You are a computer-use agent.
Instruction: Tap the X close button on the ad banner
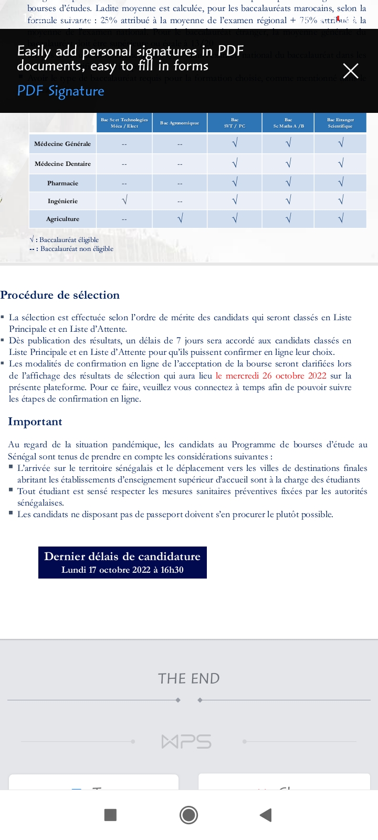coord(350,71)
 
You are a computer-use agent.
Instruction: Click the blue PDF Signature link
coord(61,91)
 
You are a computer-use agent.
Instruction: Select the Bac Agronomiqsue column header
coord(180,123)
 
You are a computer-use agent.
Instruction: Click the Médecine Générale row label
coord(62,144)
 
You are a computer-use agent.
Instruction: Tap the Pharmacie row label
coord(62,183)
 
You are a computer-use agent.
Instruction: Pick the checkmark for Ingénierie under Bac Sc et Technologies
coord(124,201)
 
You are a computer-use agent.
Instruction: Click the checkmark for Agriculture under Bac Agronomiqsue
coord(180,219)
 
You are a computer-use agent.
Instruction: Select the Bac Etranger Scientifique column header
coord(340,123)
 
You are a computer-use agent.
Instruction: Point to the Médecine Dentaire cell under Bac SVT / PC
coord(235,164)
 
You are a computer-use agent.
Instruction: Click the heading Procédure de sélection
coord(60,295)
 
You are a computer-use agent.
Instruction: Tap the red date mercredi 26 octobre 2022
coord(271,376)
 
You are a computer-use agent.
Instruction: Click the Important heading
coord(35,422)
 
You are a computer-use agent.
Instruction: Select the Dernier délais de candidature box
coord(122,562)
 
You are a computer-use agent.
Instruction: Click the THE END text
coord(189,678)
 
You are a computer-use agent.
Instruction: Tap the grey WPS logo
coord(187,742)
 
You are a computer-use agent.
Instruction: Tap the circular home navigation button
coord(188,815)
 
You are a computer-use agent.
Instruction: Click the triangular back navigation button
coord(266,815)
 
